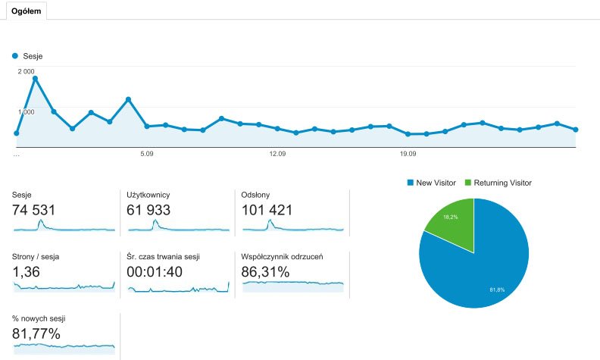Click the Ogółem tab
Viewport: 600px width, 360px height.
pos(26,11)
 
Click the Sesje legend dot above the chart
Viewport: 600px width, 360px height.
pos(15,56)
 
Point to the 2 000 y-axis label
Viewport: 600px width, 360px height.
pos(27,71)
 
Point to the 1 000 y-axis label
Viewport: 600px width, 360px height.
pos(27,111)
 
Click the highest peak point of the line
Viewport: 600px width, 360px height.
pos(35,78)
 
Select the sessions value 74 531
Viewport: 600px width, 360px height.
pos(34,210)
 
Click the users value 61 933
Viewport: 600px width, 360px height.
pos(148,210)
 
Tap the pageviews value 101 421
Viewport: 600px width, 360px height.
pos(267,210)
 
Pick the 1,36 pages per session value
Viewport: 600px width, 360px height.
pos(27,271)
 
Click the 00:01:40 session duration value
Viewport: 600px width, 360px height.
pos(155,271)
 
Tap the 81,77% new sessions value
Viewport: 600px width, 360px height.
pos(36,333)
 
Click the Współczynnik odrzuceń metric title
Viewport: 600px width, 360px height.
pos(280,256)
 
